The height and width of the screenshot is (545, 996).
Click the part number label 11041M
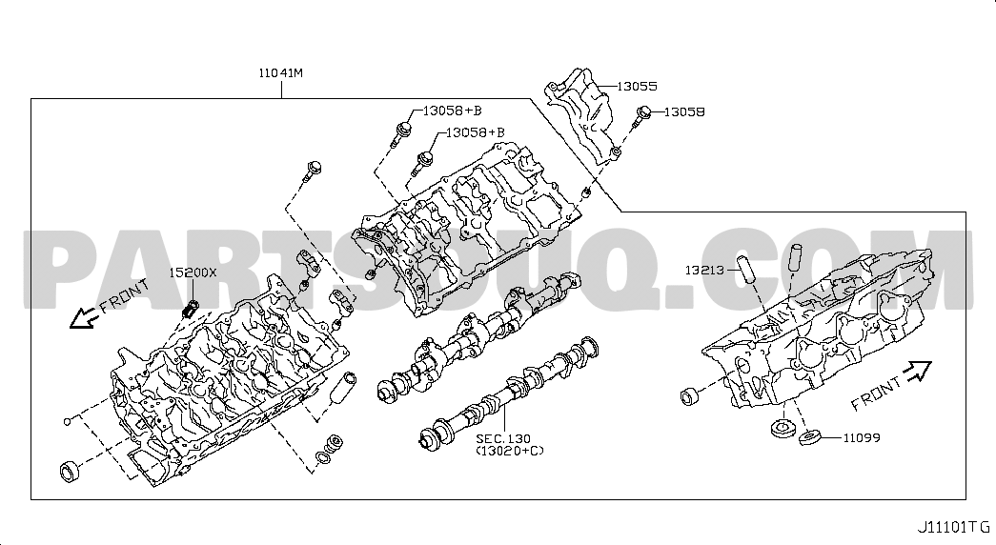pos(281,73)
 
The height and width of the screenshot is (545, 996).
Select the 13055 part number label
pos(637,87)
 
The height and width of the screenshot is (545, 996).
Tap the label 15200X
pos(193,272)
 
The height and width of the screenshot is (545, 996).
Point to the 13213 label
pos(704,270)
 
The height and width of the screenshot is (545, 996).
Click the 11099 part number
pos(862,437)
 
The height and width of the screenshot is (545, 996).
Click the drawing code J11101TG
pos(953,527)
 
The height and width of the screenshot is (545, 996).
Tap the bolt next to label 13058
pos(642,116)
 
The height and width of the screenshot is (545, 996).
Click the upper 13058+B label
pos(453,111)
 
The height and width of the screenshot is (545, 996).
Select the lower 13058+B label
pos(476,132)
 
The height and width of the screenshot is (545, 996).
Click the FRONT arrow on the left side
pos(82,317)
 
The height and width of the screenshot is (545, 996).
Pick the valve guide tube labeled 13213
pos(745,270)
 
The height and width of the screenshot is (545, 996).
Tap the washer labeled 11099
pos(810,437)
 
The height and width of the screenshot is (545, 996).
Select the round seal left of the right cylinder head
pos(689,396)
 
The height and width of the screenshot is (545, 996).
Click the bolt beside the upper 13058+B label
pos(401,132)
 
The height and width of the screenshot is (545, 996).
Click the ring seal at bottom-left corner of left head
pos(70,472)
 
